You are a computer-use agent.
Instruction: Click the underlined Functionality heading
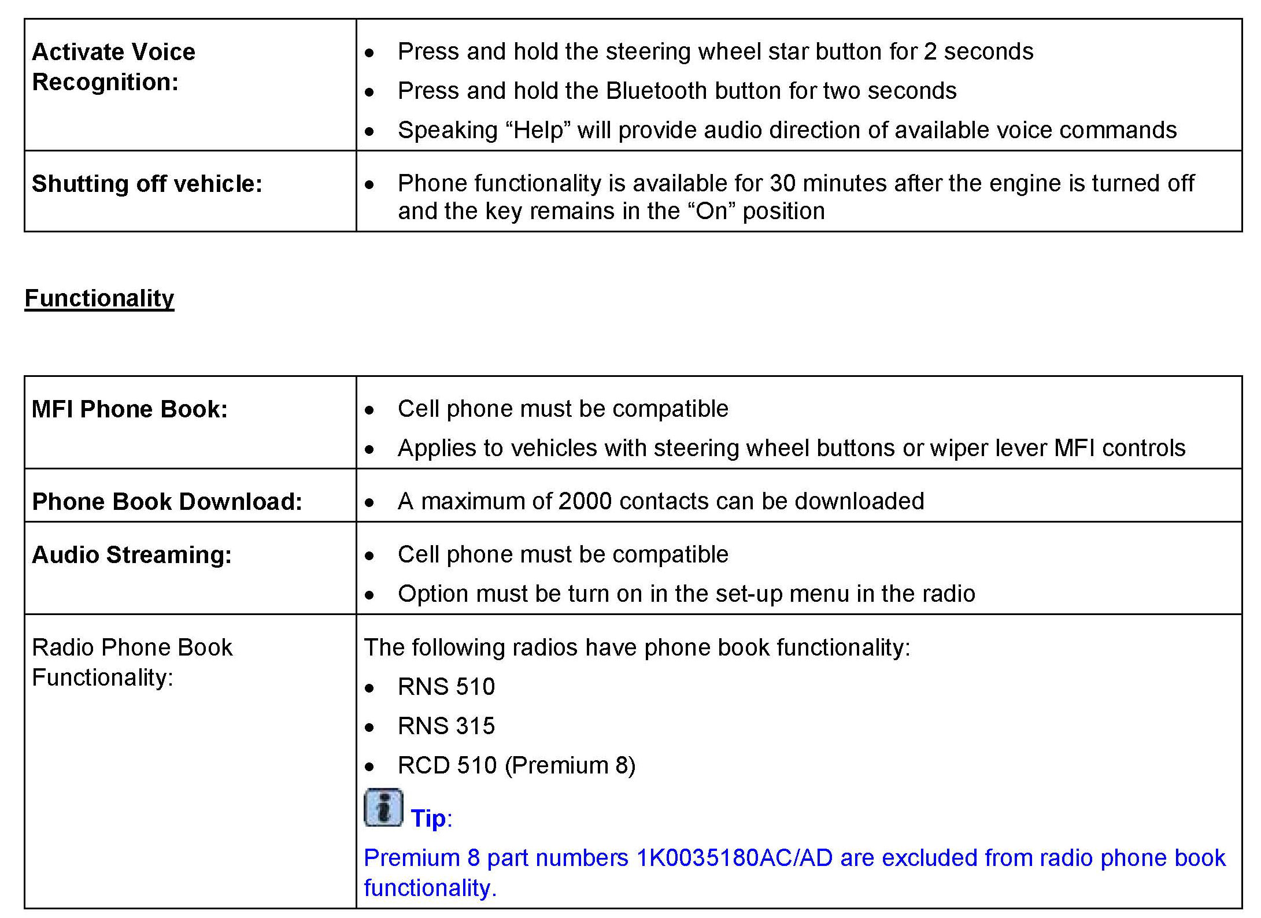(99, 298)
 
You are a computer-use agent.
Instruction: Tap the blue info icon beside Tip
(383, 808)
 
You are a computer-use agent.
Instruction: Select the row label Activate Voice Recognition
(113, 66)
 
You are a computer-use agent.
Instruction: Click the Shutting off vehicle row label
(147, 184)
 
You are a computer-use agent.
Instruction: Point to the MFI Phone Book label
(130, 409)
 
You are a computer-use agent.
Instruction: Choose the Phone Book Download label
(167, 502)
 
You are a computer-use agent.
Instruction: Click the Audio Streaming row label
(132, 555)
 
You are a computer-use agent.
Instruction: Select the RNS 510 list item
(446, 687)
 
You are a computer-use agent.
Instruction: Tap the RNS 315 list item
(446, 726)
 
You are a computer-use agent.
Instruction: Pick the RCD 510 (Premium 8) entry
(516, 765)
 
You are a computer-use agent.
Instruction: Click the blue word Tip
(428, 819)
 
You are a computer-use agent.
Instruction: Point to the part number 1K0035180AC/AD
(734, 858)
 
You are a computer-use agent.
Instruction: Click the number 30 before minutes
(783, 183)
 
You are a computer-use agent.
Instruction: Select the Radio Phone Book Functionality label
(132, 662)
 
